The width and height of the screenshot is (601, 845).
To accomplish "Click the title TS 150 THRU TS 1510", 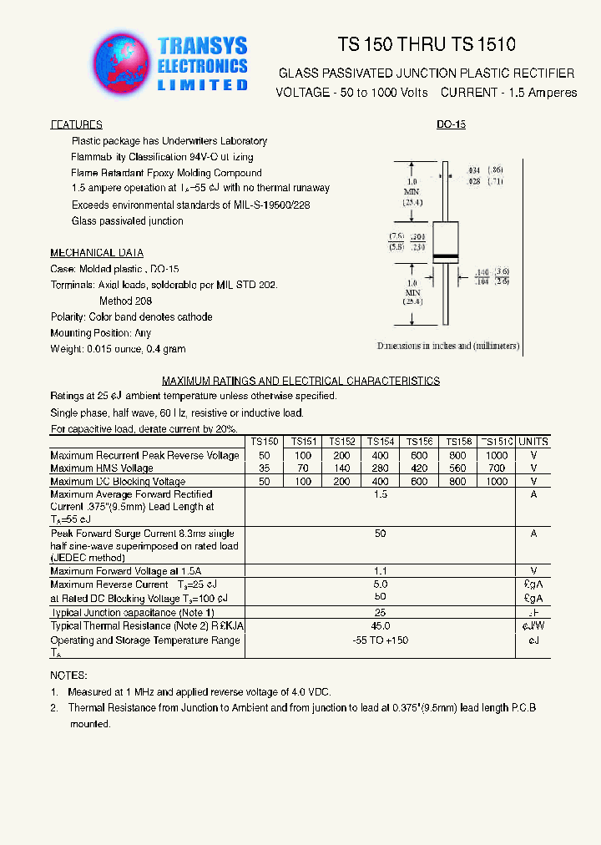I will point(427,45).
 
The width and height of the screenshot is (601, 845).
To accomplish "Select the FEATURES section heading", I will point(76,124).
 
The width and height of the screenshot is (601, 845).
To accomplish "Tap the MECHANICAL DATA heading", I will point(96,253).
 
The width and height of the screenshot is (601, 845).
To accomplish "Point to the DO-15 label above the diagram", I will point(451,124).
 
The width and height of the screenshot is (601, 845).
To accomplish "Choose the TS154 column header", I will point(380,442).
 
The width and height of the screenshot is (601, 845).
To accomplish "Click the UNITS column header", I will point(533,442).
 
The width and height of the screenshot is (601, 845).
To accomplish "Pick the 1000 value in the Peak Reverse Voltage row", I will point(496,455).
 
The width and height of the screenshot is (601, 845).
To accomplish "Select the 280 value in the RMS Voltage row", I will point(380,468).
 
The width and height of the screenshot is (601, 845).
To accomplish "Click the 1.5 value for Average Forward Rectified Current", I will point(381,495).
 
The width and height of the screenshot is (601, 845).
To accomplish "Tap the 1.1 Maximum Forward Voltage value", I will point(381,571).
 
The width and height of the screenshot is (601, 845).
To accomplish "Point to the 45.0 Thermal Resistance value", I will point(381,625).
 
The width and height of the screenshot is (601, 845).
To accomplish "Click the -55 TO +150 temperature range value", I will point(381,640).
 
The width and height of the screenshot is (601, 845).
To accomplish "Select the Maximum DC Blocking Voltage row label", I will point(118,482).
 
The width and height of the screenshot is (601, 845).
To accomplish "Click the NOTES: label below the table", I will point(68,675).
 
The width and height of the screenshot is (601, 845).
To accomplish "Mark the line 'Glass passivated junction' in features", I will point(127,221).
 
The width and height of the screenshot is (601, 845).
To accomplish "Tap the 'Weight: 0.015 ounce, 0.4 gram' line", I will point(118,349).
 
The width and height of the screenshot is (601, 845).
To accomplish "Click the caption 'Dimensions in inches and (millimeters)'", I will point(447,346).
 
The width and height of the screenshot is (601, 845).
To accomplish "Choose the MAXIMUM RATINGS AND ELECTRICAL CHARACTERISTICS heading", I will point(300,381).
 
